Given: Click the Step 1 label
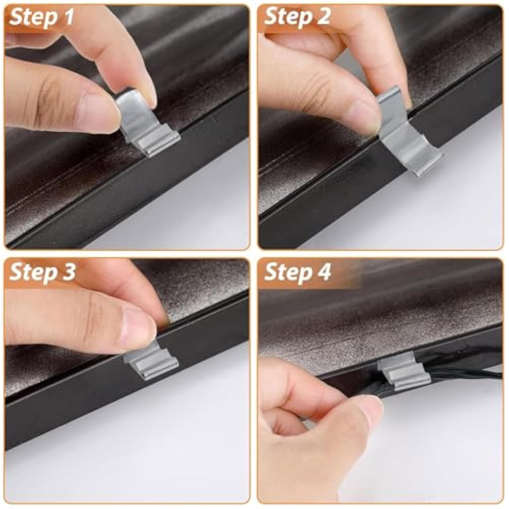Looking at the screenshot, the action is click(41, 17).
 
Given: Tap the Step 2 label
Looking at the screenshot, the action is click(297, 16).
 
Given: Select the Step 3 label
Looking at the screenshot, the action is click(42, 271).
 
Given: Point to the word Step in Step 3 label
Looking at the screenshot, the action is click(32, 272).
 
